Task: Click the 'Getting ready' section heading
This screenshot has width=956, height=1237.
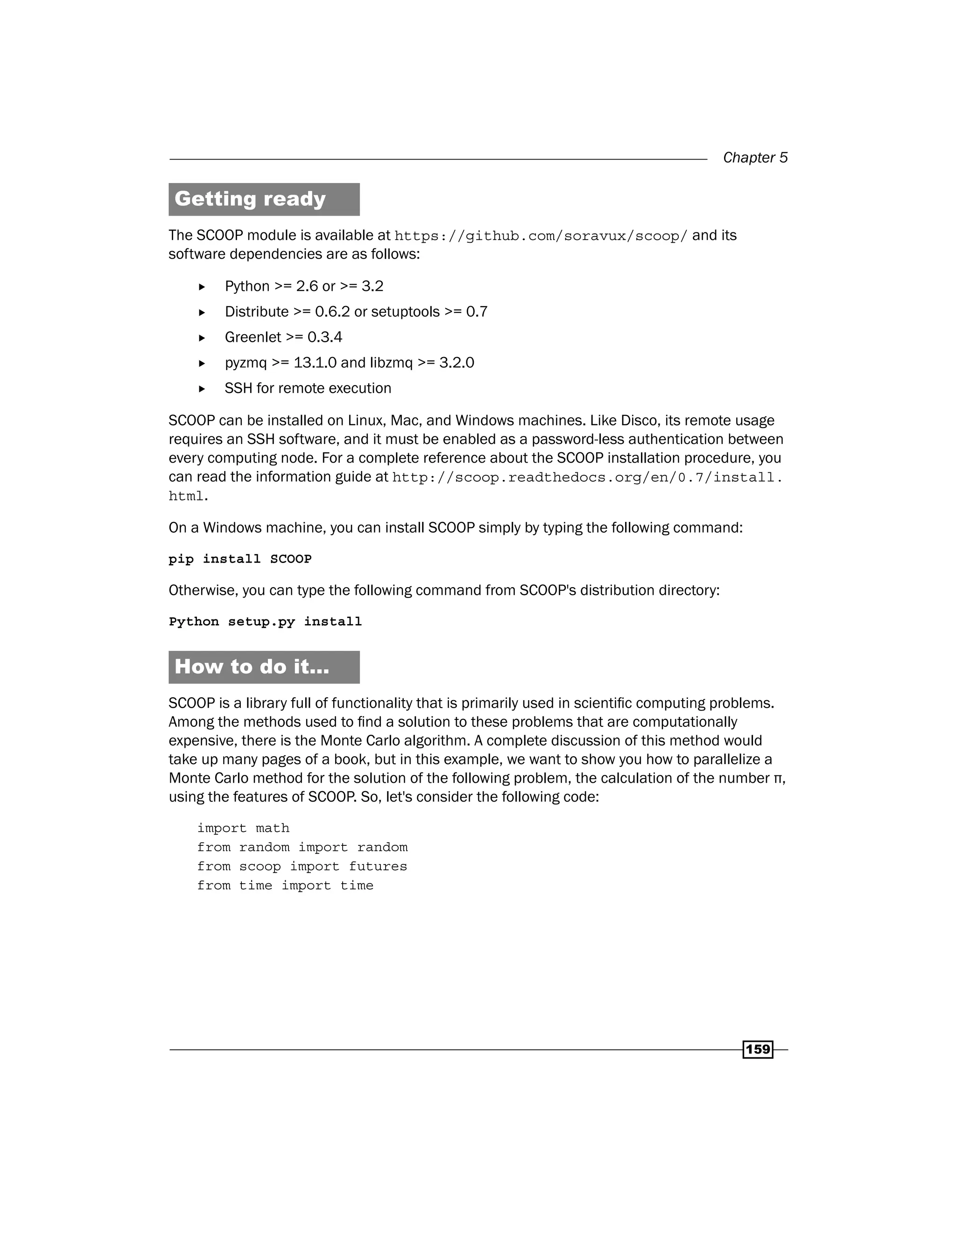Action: point(250,199)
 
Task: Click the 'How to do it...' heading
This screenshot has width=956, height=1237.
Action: point(252,667)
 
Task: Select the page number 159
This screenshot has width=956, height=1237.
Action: point(758,1049)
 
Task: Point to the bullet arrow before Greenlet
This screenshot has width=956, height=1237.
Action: point(202,338)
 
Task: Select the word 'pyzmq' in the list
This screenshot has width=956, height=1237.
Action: point(245,363)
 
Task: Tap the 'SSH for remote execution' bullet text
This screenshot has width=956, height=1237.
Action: point(308,388)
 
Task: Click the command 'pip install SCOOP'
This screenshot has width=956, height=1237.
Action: point(240,559)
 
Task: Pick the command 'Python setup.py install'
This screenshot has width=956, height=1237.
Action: point(265,622)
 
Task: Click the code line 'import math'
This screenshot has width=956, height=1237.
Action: point(243,828)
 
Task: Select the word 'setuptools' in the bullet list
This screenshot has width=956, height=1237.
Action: point(405,312)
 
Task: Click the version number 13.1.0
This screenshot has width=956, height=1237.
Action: point(315,363)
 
